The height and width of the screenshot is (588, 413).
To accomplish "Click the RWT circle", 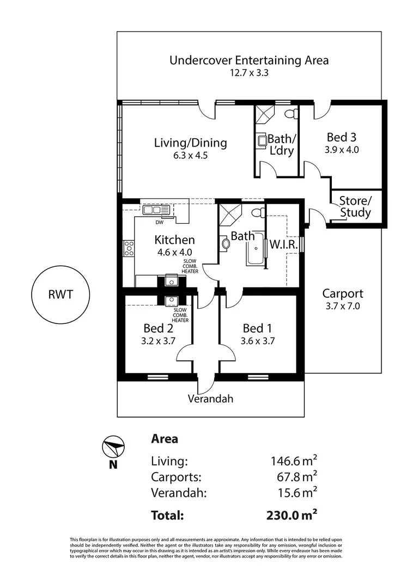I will click(x=60, y=296).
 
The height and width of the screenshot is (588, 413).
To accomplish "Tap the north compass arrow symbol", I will click(x=113, y=448).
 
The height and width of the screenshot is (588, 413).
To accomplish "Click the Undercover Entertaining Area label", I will click(x=249, y=60).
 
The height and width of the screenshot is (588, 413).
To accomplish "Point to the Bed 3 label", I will click(x=342, y=137).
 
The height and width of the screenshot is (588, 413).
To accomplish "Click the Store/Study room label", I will click(x=355, y=206).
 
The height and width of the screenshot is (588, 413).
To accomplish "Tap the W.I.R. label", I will click(x=284, y=245).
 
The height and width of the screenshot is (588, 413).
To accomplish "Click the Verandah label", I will click(x=210, y=399).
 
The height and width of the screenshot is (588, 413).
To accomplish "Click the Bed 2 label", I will click(x=159, y=328).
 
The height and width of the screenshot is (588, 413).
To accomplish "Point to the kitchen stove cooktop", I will click(x=129, y=248).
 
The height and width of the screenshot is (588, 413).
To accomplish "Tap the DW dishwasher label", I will click(x=160, y=222).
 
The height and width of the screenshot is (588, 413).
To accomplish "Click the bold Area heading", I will click(x=165, y=439).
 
